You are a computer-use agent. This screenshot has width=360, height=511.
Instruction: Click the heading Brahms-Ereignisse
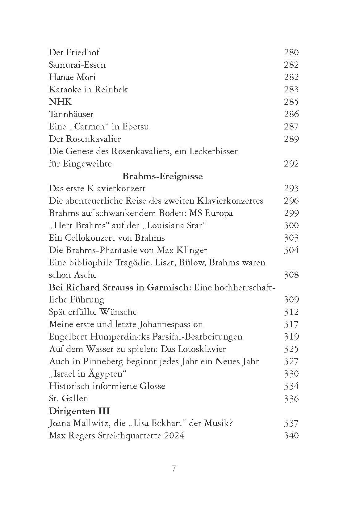[162, 176]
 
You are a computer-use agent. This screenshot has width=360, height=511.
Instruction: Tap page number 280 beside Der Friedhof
[291, 52]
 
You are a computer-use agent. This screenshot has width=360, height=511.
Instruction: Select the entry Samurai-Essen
[77, 65]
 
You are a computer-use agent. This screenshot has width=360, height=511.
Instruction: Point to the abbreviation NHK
[60, 102]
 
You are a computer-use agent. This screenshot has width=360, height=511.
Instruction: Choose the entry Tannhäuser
[71, 114]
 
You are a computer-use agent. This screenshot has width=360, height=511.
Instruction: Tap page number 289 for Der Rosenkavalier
[291, 139]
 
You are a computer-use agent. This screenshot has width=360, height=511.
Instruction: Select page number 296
[291, 201]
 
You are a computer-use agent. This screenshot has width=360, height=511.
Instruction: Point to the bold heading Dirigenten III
[79, 411]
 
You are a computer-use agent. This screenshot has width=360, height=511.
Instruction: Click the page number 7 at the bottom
[174, 469]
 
